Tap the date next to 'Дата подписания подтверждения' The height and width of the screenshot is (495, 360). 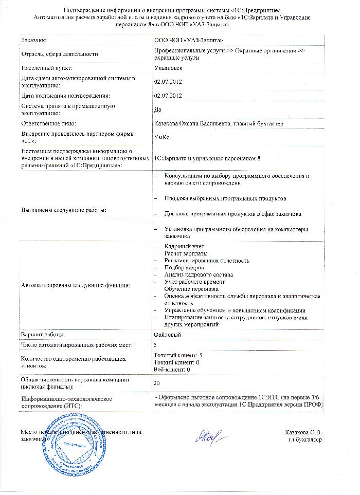169,96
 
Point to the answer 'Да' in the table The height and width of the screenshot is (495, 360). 158,109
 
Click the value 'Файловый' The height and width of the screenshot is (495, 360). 167,335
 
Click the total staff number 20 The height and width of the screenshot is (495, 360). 158,382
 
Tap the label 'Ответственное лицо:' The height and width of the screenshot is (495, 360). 48,123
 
